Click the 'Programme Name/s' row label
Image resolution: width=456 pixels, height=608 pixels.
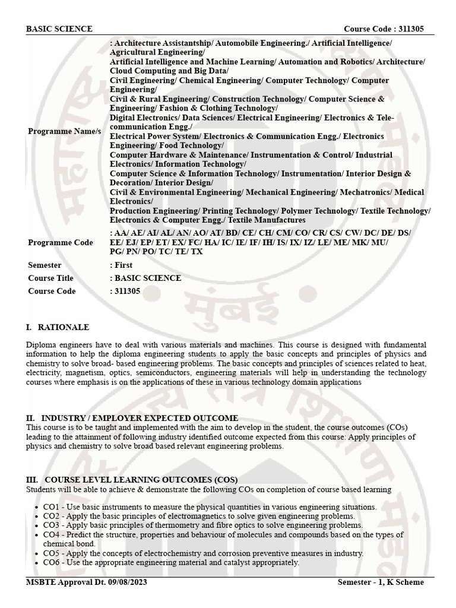pos(64,131)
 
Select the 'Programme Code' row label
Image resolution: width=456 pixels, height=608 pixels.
pos(60,242)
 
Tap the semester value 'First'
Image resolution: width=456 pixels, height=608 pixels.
pos(123,265)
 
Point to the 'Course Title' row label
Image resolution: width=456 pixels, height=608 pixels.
pos(50,278)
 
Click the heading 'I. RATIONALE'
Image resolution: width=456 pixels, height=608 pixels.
pos(58,327)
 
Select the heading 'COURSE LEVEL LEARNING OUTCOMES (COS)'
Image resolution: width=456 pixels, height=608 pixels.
pos(141,480)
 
